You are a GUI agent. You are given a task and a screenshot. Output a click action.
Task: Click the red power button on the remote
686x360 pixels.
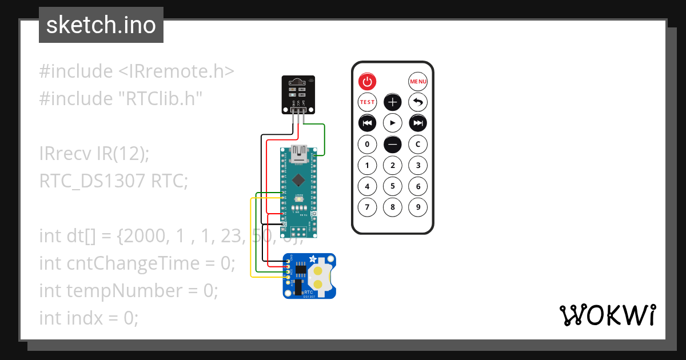pyautogui.click(x=367, y=82)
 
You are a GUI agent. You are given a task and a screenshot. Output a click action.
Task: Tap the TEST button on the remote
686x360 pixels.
pyautogui.click(x=367, y=102)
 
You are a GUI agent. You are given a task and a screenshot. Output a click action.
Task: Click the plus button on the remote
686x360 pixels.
pyautogui.click(x=392, y=102)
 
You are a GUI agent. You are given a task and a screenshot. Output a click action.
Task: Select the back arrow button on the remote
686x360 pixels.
pyautogui.click(x=418, y=102)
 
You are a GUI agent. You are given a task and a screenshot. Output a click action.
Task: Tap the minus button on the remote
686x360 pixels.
pyautogui.click(x=392, y=144)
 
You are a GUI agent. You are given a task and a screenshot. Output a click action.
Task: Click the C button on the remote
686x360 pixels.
pyautogui.click(x=418, y=144)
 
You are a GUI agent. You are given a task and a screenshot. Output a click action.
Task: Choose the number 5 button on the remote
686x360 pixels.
pyautogui.click(x=392, y=186)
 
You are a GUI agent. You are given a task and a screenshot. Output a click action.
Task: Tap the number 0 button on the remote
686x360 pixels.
pyautogui.click(x=367, y=144)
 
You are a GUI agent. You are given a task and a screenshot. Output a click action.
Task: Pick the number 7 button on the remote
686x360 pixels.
pyautogui.click(x=367, y=207)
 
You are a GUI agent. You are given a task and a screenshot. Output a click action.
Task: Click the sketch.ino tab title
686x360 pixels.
pyautogui.click(x=101, y=25)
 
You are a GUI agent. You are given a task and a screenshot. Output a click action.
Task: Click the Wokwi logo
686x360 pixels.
pyautogui.click(x=607, y=315)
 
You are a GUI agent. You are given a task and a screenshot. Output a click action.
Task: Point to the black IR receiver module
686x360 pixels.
pyautogui.click(x=299, y=94)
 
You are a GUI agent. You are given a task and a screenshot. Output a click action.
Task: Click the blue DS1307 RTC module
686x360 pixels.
pyautogui.click(x=309, y=276)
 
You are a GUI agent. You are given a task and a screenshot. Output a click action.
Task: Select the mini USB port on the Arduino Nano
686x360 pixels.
pyautogui.click(x=299, y=153)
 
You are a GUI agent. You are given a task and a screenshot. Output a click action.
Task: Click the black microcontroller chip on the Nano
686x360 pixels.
pyautogui.click(x=298, y=180)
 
